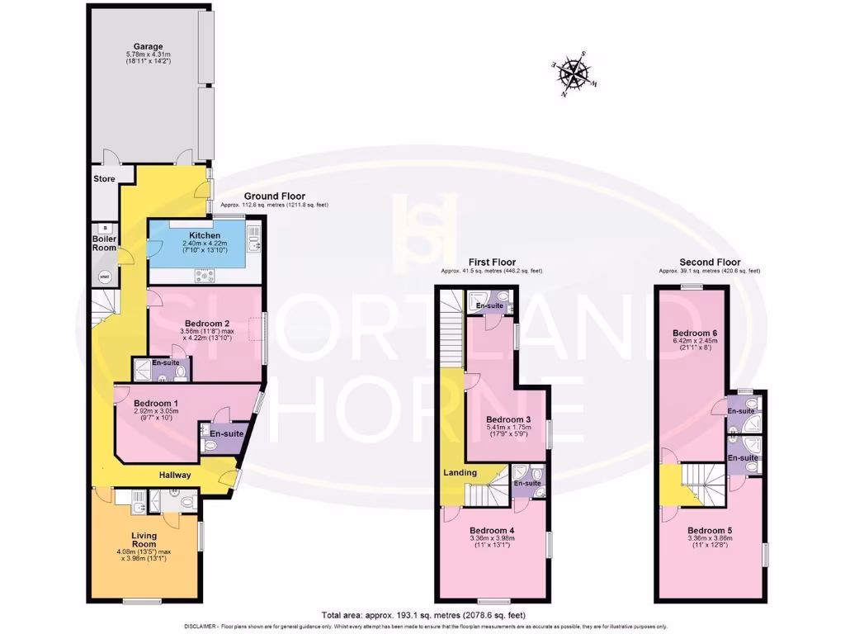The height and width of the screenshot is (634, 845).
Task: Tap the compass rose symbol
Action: click(x=573, y=73)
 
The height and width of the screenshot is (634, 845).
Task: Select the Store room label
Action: click(x=104, y=178)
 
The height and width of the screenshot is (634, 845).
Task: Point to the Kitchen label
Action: click(x=203, y=235)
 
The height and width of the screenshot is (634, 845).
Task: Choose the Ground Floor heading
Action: click(x=268, y=196)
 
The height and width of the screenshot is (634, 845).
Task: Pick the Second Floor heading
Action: click(x=710, y=263)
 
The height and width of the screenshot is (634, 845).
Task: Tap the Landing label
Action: click(x=459, y=472)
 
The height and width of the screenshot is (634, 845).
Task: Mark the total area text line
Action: click(x=423, y=615)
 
